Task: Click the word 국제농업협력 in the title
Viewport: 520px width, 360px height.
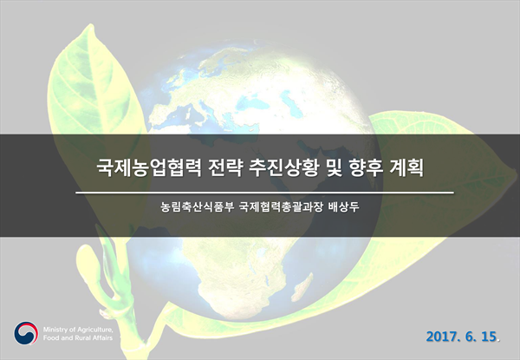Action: coord(148,168)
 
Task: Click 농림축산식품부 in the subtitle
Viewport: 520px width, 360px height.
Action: coord(198,207)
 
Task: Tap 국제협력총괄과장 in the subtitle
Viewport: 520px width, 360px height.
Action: coord(281,207)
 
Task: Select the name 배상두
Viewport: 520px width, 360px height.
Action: coord(343,207)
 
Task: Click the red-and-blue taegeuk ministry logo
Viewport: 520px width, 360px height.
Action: coord(26,333)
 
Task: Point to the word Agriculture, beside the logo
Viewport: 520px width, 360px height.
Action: coord(95,331)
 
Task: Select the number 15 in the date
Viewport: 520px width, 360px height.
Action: coord(489,337)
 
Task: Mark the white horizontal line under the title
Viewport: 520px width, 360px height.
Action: coord(264,193)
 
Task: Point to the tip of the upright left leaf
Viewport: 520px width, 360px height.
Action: coord(90,24)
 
